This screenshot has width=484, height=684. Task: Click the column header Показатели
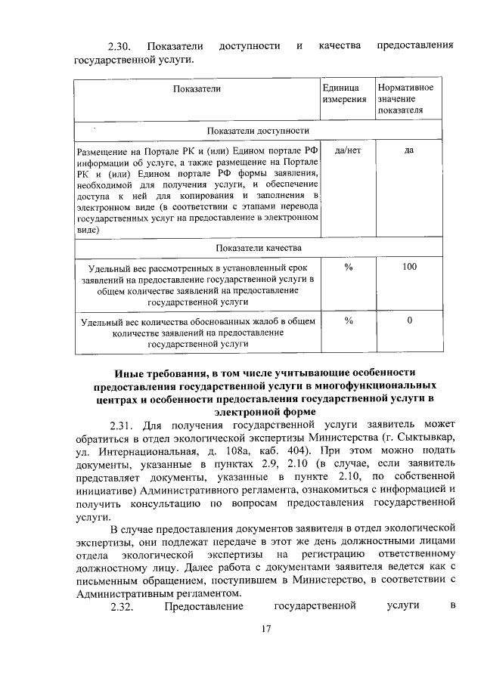coord(196,89)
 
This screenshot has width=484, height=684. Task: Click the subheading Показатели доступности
coord(258,132)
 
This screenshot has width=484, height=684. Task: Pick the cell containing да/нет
coord(347,150)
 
